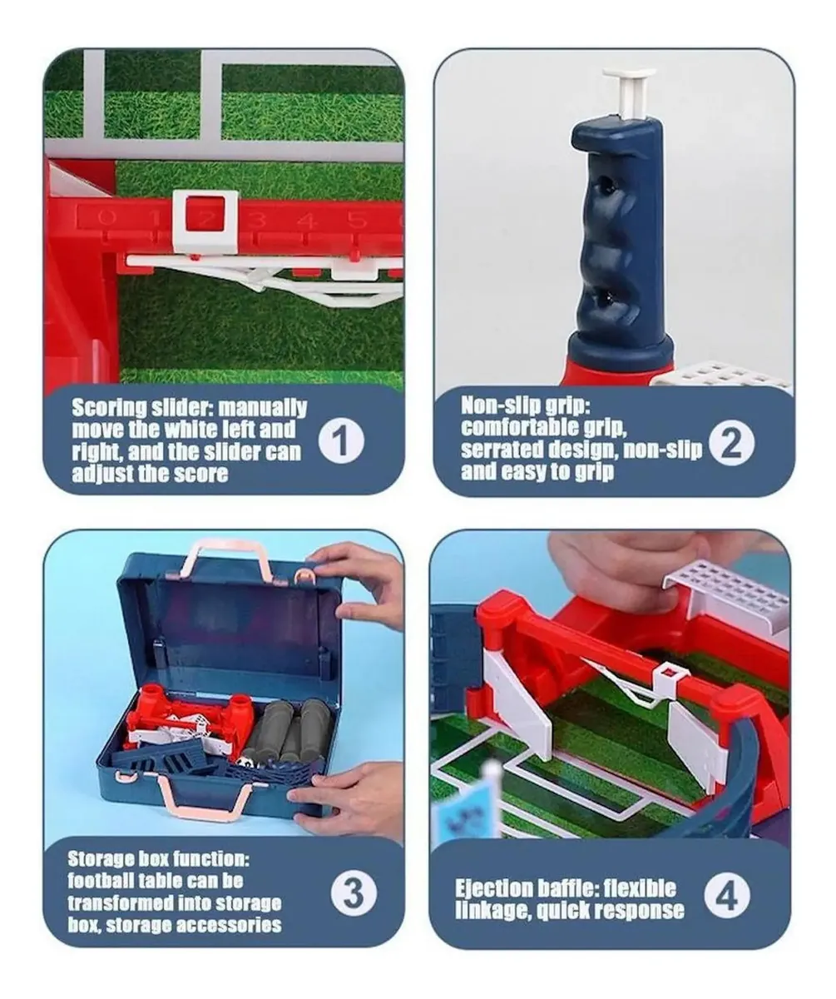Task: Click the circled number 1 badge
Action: [341, 440]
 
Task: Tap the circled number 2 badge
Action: [731, 444]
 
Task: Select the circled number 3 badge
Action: [354, 892]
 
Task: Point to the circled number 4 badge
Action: [726, 894]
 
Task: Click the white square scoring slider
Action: [205, 221]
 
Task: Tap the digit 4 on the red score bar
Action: [306, 221]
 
